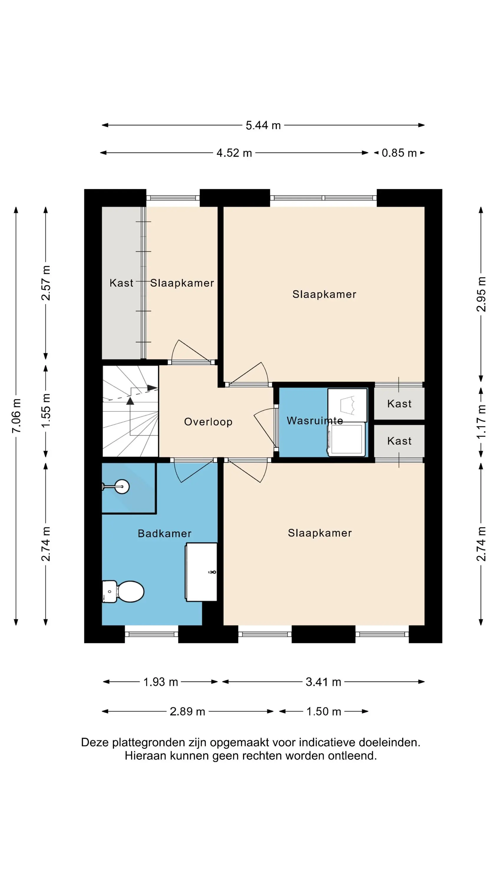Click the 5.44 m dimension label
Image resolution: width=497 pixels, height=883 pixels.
pos(263,125)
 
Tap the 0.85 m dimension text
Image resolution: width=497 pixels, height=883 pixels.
pos(399,153)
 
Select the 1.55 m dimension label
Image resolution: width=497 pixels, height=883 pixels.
pos(46,410)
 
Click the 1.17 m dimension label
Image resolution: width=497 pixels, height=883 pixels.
pos(481,421)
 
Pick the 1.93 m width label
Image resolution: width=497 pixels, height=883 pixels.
pos(160,682)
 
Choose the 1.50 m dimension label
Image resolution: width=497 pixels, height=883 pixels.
pos(324,712)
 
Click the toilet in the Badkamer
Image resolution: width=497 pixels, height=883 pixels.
pos(123,592)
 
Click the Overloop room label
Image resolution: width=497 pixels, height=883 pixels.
pos(208,421)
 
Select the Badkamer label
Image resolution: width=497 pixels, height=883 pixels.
pos(165,533)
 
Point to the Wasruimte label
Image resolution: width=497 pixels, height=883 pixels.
pos(314,421)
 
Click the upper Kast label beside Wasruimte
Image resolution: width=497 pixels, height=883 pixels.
pos(399,404)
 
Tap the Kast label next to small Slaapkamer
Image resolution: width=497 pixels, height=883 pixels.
pos(121,283)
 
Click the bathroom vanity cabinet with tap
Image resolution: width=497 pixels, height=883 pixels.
pos(201,572)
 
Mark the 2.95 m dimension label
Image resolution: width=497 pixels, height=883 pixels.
pos(481,294)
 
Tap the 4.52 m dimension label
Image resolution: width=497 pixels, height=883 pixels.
pos(234,153)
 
